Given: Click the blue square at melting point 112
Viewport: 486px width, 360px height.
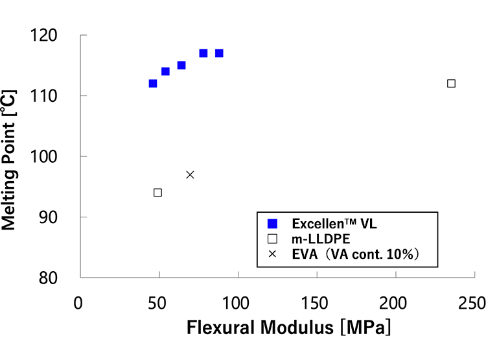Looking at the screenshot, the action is [153, 84].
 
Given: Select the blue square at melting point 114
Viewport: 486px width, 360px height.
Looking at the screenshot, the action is [165, 71].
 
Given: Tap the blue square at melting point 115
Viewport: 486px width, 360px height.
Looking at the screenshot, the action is [181, 65].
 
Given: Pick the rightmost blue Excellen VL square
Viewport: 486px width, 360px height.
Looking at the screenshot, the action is [219, 53].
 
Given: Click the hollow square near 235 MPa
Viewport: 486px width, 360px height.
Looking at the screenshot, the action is [451, 84].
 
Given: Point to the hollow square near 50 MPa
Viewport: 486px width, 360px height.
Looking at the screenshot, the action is [157, 193].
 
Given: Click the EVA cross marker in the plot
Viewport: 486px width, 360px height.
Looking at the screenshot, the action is [190, 175].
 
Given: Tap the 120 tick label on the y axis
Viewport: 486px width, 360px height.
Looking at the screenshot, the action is [43, 35].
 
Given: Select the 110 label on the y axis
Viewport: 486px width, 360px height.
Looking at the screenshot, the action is [43, 96].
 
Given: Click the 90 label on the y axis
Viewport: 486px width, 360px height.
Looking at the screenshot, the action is [49, 217].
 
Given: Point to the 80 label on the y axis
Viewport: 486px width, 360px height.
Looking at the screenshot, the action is [49, 278].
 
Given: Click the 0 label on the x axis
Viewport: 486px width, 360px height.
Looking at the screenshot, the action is [78, 303].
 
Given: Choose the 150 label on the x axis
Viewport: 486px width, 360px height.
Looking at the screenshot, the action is [314, 303].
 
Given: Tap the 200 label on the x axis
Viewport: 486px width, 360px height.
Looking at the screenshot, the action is [393, 303].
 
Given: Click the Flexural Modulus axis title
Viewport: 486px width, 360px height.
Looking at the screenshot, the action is [288, 328].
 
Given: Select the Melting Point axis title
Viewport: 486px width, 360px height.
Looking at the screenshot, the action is [8, 160].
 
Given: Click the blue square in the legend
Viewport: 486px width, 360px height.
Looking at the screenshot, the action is [272, 224].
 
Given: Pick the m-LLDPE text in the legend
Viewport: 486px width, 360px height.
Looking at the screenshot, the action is [321, 239].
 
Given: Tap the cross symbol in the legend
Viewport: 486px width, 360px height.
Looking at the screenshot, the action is [272, 254].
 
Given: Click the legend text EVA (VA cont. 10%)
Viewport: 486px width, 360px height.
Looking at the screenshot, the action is [355, 254].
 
